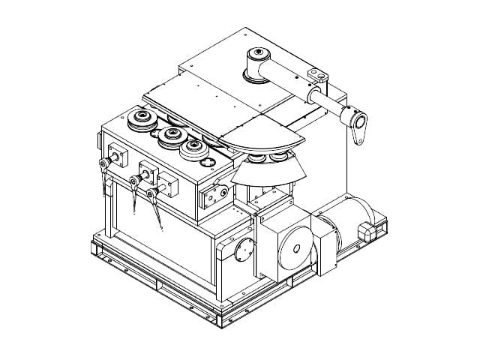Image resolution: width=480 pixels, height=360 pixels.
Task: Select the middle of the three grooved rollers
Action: pos(172,135)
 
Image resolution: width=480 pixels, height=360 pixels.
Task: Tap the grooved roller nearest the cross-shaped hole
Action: pos(194,146)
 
